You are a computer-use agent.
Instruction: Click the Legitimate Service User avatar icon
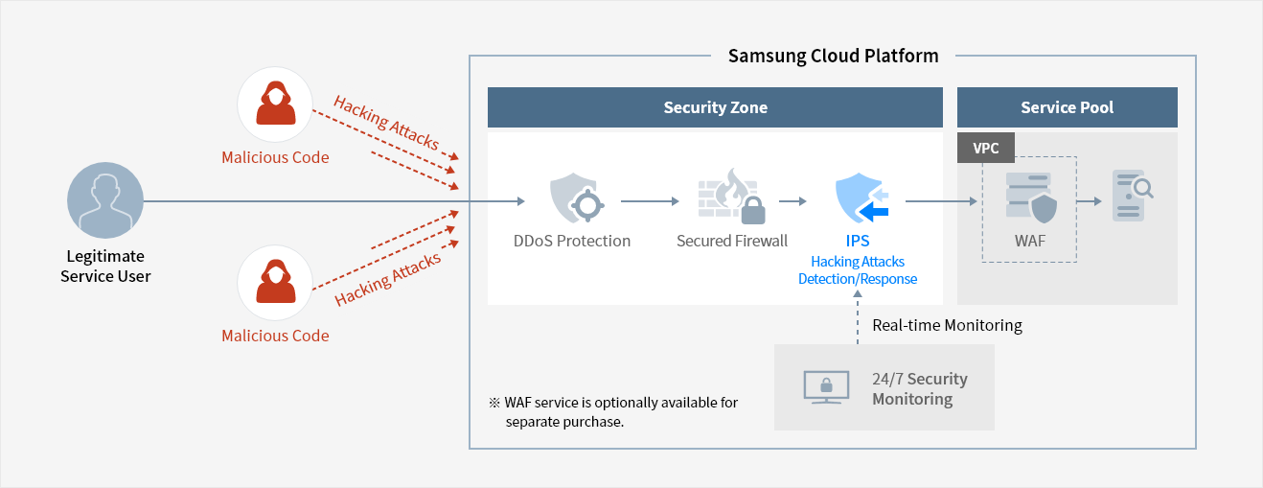coord(105,200)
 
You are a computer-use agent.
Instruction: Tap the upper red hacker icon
coord(275,105)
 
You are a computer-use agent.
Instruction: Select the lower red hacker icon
coord(275,283)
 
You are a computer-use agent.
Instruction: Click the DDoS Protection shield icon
coord(577,198)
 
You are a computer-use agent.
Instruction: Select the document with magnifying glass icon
coord(1132,196)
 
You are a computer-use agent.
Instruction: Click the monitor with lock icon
coord(826,387)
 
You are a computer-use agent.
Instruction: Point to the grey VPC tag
coord(986,148)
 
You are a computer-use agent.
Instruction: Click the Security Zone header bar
coord(715,107)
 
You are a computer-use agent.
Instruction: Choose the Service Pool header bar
coord(1067,107)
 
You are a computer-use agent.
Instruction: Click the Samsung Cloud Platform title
coord(834,56)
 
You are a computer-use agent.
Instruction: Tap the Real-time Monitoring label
coord(947,326)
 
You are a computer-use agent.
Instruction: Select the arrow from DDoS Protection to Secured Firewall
coord(650,201)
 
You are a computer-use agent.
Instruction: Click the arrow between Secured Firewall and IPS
coord(792,201)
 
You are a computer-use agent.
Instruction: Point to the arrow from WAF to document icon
coord(1089,201)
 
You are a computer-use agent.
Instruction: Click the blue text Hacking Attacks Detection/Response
coord(858,270)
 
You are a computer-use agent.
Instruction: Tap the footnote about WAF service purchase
coord(613,412)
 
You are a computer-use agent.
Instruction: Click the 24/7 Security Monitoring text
coord(920,388)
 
